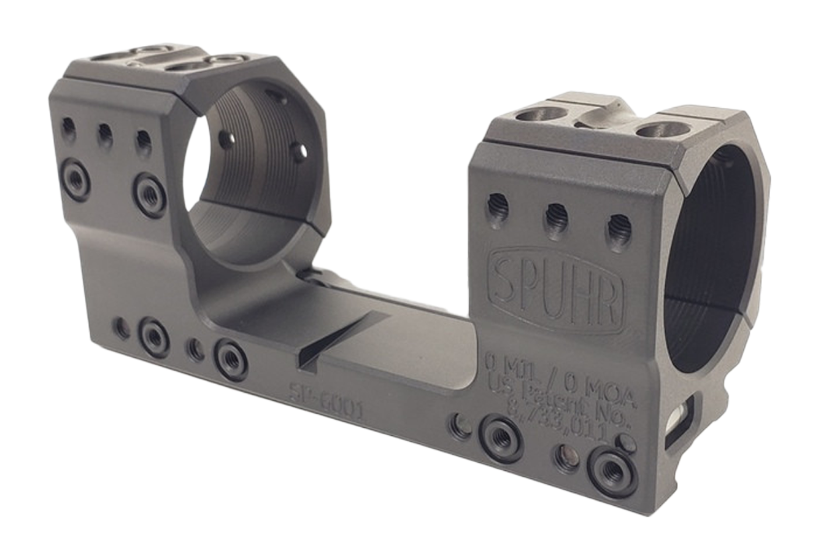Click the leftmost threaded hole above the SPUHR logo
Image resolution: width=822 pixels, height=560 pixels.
click(498, 207)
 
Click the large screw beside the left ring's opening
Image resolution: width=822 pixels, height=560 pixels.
click(150, 189)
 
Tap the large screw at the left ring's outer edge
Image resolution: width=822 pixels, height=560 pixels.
click(75, 175)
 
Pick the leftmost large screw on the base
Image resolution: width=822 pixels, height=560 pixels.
click(154, 334)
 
